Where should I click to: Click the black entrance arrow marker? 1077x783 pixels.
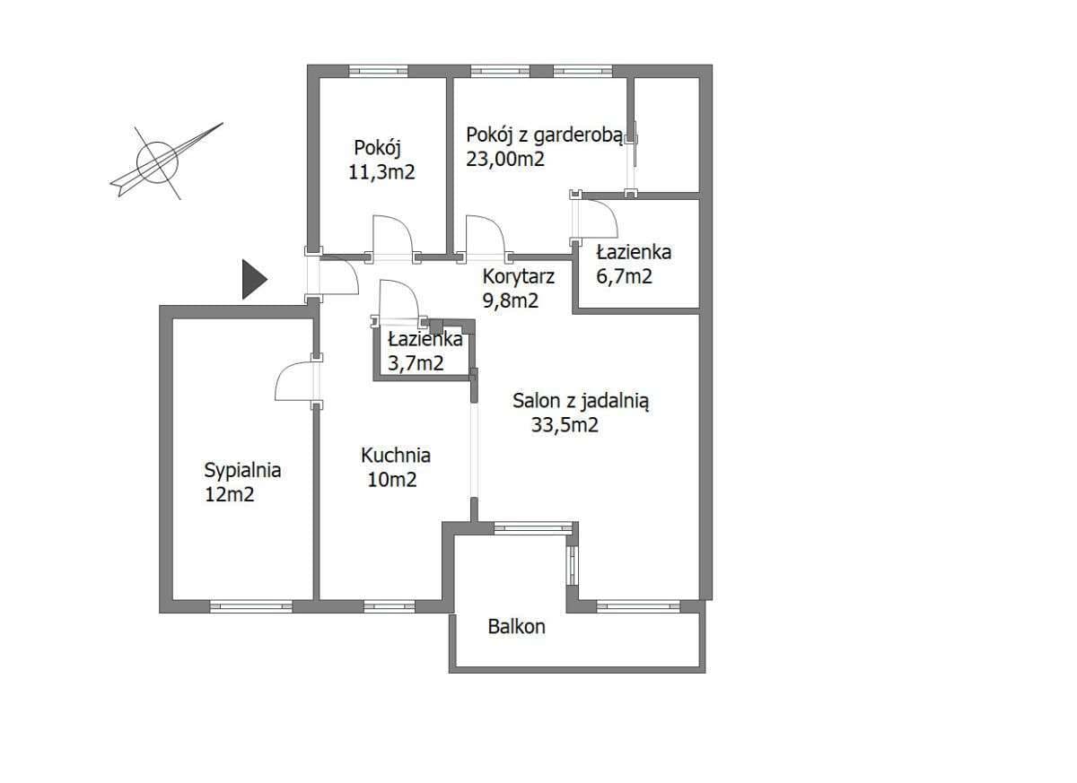(253, 279)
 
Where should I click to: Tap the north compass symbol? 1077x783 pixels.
(159, 161)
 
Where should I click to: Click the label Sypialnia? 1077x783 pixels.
(242, 470)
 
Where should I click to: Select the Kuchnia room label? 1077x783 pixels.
(396, 456)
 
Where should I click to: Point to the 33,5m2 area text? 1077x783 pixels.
(565, 425)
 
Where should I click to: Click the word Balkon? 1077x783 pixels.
(516, 627)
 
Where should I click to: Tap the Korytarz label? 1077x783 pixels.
(519, 276)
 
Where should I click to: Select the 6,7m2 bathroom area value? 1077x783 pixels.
(624, 276)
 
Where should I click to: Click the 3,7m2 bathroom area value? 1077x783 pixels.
(416, 363)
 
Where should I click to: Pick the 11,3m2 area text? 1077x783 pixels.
(381, 172)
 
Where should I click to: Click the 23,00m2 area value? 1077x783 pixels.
(504, 159)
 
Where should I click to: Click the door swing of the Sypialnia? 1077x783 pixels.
(294, 381)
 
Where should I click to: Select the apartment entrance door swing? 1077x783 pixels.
(338, 275)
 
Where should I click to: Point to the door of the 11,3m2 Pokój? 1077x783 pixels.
(393, 236)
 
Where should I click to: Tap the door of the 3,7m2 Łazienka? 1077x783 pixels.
(398, 300)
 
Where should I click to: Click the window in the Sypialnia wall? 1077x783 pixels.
(251, 606)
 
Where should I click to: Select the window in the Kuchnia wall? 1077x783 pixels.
(389, 606)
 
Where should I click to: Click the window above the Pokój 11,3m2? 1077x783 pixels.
(379, 71)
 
